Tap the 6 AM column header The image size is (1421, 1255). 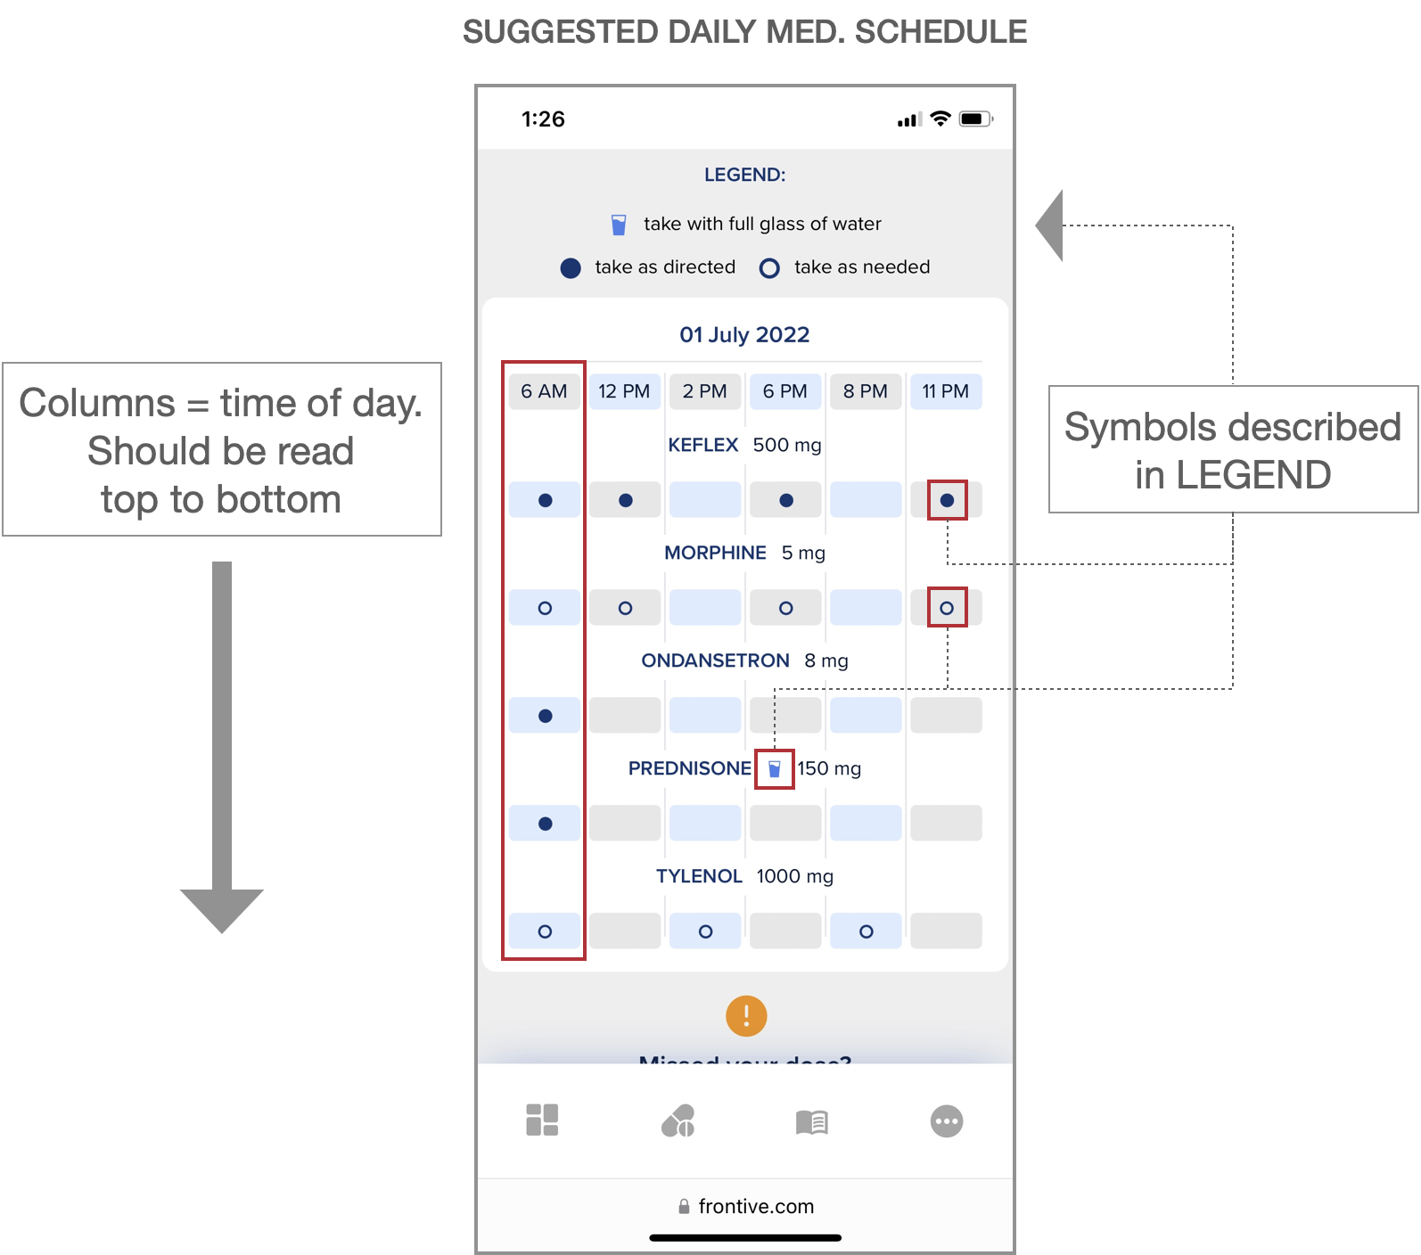click(544, 391)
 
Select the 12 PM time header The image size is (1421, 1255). click(624, 391)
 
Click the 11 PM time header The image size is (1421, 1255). click(945, 391)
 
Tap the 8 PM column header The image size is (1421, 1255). click(865, 391)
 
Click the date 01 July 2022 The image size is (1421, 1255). click(744, 335)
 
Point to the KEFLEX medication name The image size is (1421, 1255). click(703, 445)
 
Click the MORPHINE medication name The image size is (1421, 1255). click(715, 553)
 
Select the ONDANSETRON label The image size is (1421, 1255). click(715, 660)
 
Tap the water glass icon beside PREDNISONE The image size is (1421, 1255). click(774, 768)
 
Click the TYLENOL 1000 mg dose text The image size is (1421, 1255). click(794, 876)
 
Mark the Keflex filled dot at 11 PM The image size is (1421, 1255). click(947, 501)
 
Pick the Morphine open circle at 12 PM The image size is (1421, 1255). click(625, 608)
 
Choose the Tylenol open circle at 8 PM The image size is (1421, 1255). click(866, 931)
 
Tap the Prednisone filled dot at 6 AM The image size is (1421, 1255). click(545, 824)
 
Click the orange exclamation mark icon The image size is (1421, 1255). click(746, 1015)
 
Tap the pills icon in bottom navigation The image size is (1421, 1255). click(678, 1121)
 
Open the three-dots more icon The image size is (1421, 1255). click(946, 1121)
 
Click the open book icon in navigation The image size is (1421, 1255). click(811, 1121)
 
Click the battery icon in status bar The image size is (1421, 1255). click(974, 119)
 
